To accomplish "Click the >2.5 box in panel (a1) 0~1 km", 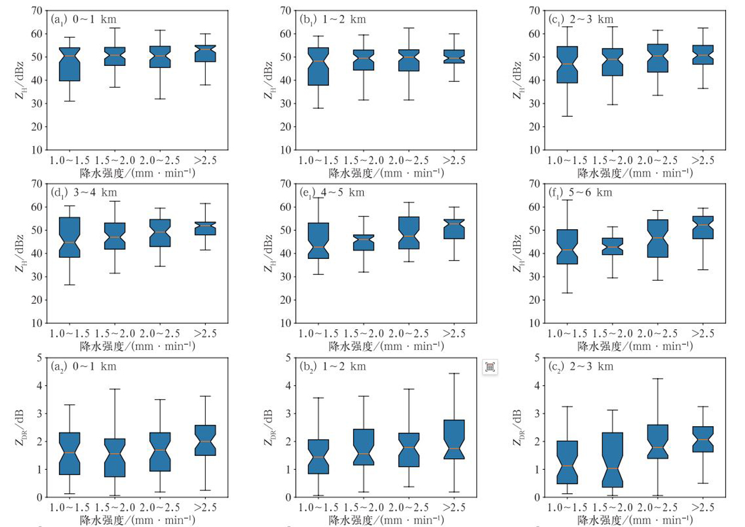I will (x=205, y=53).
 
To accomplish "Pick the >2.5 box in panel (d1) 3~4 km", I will (x=205, y=228).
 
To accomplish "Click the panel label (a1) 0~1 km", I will (x=83, y=19).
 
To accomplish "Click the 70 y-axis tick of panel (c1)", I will (x=533, y=10).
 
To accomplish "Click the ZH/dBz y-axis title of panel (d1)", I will (x=21, y=253).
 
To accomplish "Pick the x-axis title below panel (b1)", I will (x=387, y=172).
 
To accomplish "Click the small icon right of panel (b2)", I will (x=490, y=368).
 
